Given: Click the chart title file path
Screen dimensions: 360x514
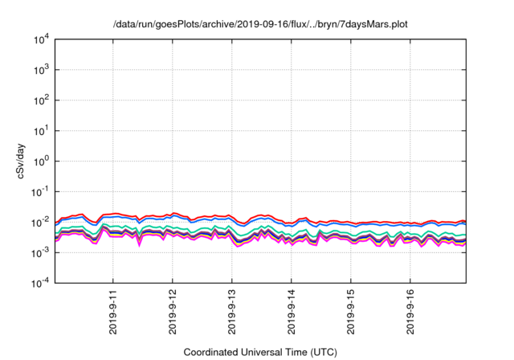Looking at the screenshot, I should tap(260, 25).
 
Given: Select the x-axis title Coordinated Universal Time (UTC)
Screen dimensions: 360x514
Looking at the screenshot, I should tap(260, 352).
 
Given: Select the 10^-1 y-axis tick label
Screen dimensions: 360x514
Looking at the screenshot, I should tap(39, 192).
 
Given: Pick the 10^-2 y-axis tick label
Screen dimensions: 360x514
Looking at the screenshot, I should tap(39, 223).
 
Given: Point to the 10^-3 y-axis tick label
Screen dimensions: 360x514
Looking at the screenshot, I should tap(39, 253).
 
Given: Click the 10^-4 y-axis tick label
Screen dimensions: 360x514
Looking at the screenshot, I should tap(39, 283).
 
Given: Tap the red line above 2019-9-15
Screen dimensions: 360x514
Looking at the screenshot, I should tap(351, 223).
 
